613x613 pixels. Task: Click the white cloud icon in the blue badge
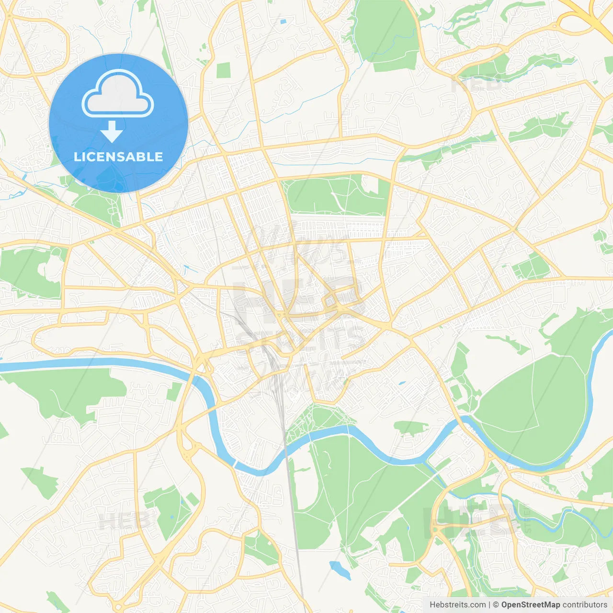(x=118, y=94)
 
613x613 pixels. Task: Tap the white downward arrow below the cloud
(x=112, y=132)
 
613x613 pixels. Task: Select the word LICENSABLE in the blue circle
(x=118, y=157)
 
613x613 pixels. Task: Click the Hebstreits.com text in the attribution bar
(x=457, y=605)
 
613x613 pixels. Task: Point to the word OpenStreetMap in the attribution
(x=530, y=605)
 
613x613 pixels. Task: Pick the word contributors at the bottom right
(x=585, y=605)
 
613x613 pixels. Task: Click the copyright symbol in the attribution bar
(x=496, y=605)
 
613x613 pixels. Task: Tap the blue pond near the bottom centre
(x=340, y=569)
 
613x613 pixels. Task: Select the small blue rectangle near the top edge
(x=283, y=22)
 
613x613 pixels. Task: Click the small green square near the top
(x=223, y=70)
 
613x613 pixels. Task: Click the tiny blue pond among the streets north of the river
(x=401, y=383)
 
